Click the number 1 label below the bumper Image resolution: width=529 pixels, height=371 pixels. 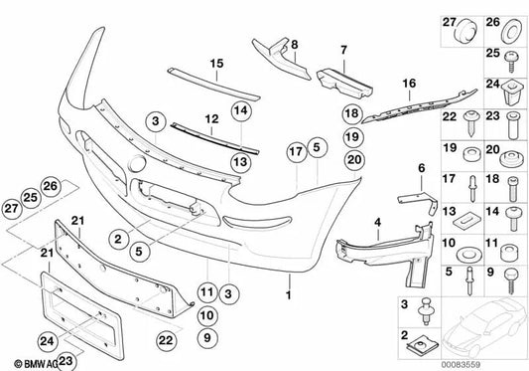pos(289,296)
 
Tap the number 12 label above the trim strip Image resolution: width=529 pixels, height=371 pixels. pos(209,118)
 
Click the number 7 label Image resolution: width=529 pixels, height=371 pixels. pos(342,49)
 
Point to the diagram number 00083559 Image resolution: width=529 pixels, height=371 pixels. pos(486,361)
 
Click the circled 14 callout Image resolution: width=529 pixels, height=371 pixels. pos(239,110)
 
